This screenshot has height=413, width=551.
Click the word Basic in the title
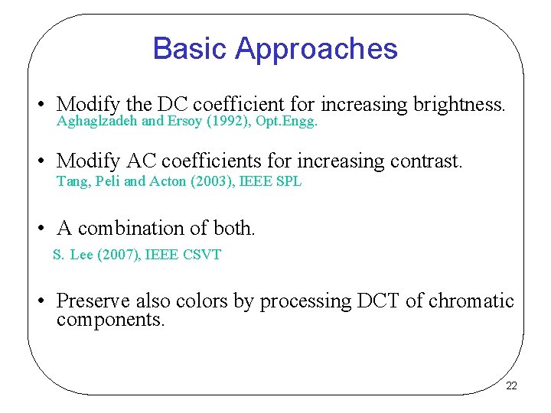pyautogui.click(x=190, y=48)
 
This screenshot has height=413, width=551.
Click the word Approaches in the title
pyautogui.click(x=316, y=50)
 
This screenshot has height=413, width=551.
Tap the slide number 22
pyautogui.click(x=511, y=386)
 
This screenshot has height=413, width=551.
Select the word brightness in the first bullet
pyautogui.click(x=458, y=104)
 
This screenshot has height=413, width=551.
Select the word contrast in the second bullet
pyautogui.click(x=426, y=161)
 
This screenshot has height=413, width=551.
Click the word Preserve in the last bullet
pyautogui.click(x=93, y=301)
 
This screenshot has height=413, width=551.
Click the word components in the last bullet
pyautogui.click(x=110, y=320)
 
